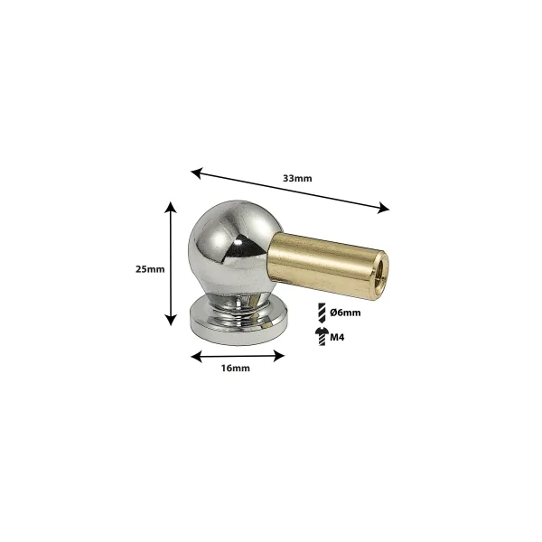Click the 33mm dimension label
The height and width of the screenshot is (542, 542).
click(297, 178)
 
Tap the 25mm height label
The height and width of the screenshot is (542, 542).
click(150, 269)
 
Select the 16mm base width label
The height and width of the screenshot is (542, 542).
click(236, 369)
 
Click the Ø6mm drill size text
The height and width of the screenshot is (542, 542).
click(345, 313)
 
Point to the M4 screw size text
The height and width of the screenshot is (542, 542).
click(337, 337)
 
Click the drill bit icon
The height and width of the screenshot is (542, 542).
click(322, 313)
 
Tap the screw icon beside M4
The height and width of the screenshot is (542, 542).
click(322, 336)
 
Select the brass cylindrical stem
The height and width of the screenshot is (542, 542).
click(329, 265)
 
